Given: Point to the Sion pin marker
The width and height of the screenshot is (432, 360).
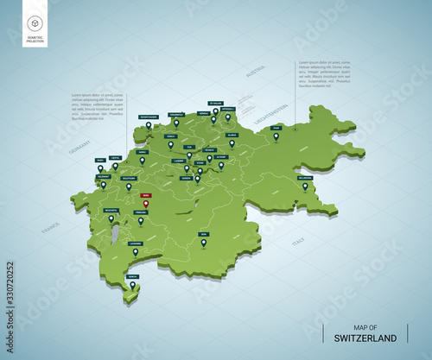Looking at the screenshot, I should (204, 243).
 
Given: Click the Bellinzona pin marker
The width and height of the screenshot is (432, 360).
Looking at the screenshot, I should (305, 186).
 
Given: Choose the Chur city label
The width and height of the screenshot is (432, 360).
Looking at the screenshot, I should (276, 128).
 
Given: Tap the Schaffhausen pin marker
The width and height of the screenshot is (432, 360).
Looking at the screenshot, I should (149, 126).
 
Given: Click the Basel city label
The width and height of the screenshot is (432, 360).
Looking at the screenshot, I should (101, 160).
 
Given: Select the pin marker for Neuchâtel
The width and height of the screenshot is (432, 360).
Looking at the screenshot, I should (111, 218).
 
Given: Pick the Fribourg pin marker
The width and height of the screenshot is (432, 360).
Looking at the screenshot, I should (141, 220).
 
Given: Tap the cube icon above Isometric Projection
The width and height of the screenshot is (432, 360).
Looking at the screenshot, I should (35, 23).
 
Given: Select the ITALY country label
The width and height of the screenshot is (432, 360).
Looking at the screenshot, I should (298, 244).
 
